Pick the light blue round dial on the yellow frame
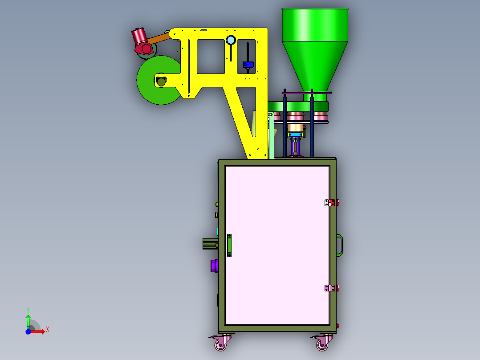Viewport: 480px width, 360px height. pos(231,40)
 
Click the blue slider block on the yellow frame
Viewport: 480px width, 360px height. pos(248,65)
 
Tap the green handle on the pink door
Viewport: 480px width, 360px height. pos(229,245)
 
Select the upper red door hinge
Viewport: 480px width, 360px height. pos(332,203)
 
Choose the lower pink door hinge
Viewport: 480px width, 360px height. pos(332,288)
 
